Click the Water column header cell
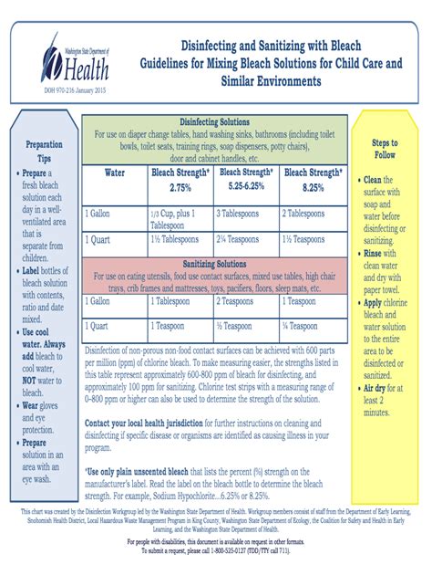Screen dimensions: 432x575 pyautogui.click(x=115, y=172)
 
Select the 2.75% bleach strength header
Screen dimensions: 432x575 pyautogui.click(x=180, y=179)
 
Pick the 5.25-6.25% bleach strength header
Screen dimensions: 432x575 pyautogui.click(x=246, y=179)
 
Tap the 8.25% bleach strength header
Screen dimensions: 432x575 pyautogui.click(x=314, y=179)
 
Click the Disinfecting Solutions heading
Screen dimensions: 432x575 pyautogui.click(x=214, y=122)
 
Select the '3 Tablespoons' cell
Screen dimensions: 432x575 pyautogui.click(x=245, y=213)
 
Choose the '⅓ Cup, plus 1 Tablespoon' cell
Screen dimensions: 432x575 pyautogui.click(x=180, y=218)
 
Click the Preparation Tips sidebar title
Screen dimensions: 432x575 pyautogui.click(x=44, y=150)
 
